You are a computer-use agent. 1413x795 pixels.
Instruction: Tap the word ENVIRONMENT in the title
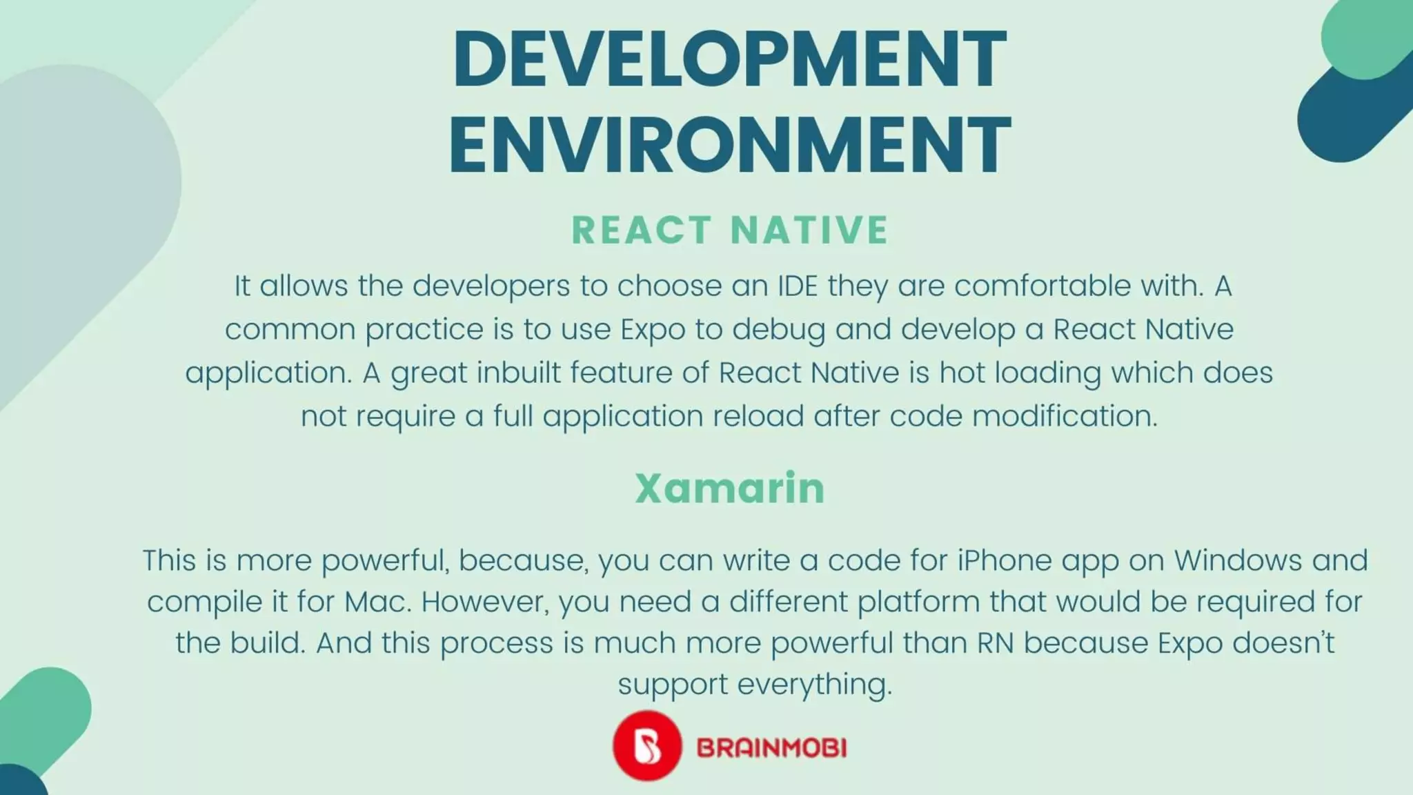[729, 146]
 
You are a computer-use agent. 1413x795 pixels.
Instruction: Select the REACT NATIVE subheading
[729, 230]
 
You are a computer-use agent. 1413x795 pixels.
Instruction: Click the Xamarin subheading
[729, 489]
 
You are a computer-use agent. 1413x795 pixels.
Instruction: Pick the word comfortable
[1043, 286]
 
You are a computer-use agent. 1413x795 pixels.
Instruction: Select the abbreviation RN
[995, 643]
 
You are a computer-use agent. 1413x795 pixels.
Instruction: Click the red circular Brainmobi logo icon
[646, 746]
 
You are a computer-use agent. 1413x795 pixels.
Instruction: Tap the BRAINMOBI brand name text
[771, 747]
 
